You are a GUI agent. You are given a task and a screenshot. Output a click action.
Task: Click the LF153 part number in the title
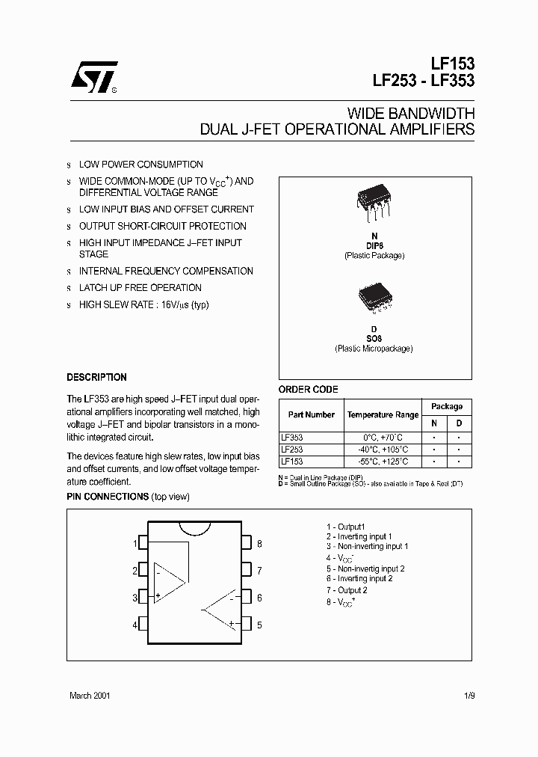pyautogui.click(x=451, y=64)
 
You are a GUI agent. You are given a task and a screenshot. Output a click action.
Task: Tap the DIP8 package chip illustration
pyautogui.click(x=374, y=201)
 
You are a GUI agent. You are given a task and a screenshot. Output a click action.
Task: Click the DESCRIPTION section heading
pyautogui.click(x=97, y=378)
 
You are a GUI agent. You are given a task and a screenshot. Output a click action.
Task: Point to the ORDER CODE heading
pyautogui.click(x=308, y=390)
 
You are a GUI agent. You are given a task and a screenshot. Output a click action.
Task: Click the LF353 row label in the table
pyautogui.click(x=293, y=436)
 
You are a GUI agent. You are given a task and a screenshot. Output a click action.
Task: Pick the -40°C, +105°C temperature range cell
pyautogui.click(x=383, y=449)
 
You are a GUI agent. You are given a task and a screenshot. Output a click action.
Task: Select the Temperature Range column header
pyautogui.click(x=383, y=414)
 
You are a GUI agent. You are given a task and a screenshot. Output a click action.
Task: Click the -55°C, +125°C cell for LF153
pyautogui.click(x=383, y=462)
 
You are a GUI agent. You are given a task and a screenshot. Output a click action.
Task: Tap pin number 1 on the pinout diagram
pyautogui.click(x=135, y=544)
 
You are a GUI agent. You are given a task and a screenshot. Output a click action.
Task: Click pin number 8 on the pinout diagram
pyautogui.click(x=259, y=544)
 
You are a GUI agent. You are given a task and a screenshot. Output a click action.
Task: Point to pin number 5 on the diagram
pyautogui.click(x=259, y=625)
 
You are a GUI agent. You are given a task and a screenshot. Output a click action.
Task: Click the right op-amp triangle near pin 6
pyautogui.click(x=218, y=610)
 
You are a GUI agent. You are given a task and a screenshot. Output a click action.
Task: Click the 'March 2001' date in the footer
pyautogui.click(x=90, y=695)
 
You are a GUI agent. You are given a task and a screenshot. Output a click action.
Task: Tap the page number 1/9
pyautogui.click(x=469, y=695)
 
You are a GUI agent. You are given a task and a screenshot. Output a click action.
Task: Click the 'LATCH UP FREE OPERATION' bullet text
pyautogui.click(x=140, y=288)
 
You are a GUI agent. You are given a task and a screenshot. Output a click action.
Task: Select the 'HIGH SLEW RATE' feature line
pyautogui.click(x=144, y=305)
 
